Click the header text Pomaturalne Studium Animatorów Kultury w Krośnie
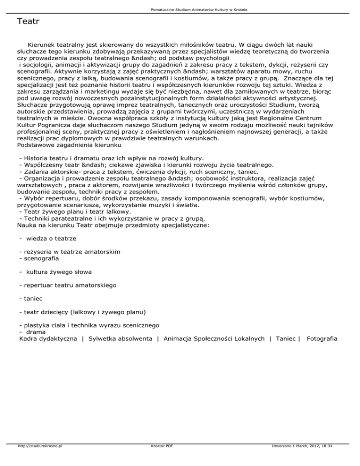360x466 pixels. pyautogui.click(x=180, y=9)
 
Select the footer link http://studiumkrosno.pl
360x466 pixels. pyautogui.click(x=39, y=459)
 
